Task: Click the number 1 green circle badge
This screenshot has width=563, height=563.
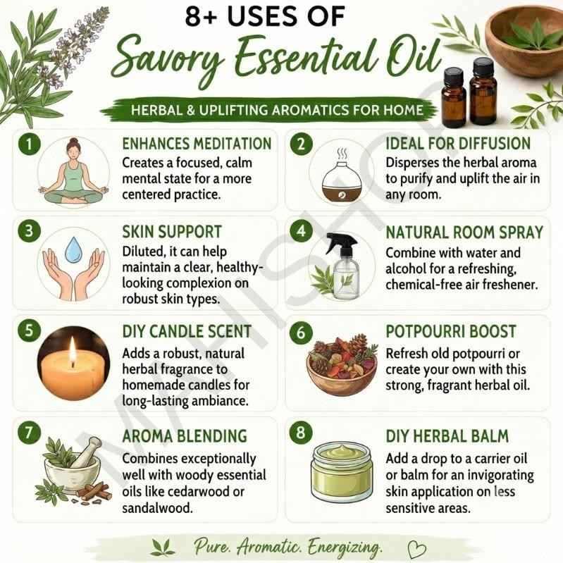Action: click(x=29, y=144)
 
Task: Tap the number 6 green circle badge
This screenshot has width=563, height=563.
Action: click(x=301, y=333)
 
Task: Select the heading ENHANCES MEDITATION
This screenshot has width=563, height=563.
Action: click(x=197, y=144)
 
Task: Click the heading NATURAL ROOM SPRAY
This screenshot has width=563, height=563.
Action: click(x=464, y=233)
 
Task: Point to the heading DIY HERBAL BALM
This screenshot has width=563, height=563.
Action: click(x=447, y=436)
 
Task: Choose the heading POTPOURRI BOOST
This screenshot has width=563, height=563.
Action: click(x=451, y=331)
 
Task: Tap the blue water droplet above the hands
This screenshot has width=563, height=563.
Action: click(x=73, y=249)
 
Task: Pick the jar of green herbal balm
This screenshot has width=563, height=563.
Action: click(x=342, y=472)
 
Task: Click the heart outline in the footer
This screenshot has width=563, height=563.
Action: click(x=416, y=550)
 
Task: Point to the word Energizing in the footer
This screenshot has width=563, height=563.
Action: click(x=345, y=548)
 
